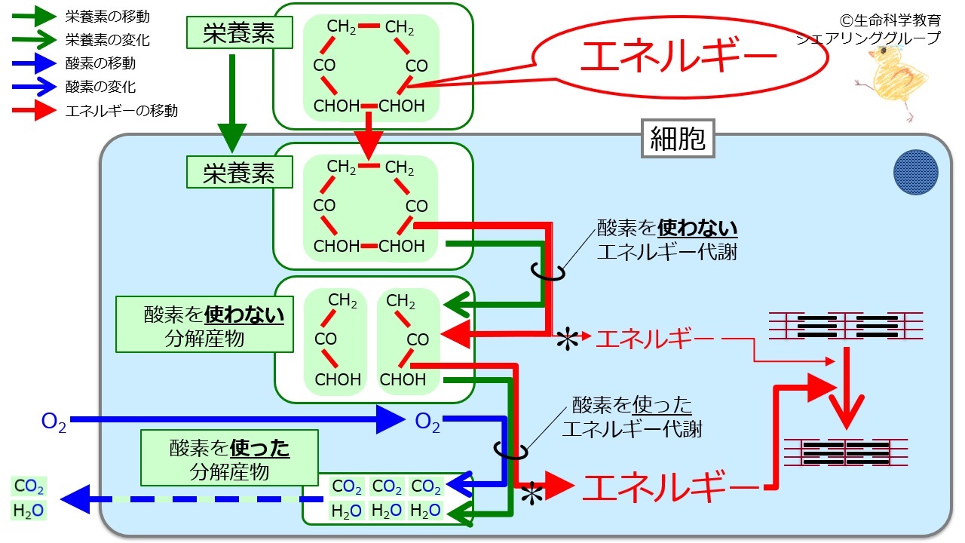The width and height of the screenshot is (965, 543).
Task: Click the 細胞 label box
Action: point(678,139)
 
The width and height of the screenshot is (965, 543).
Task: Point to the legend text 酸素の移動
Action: point(101,63)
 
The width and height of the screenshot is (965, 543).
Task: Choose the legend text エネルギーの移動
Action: point(121,111)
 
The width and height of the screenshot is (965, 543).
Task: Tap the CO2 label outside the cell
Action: point(29,485)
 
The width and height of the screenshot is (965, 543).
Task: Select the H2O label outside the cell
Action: point(29,511)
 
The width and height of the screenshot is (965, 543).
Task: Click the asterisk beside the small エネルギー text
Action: point(566,340)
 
